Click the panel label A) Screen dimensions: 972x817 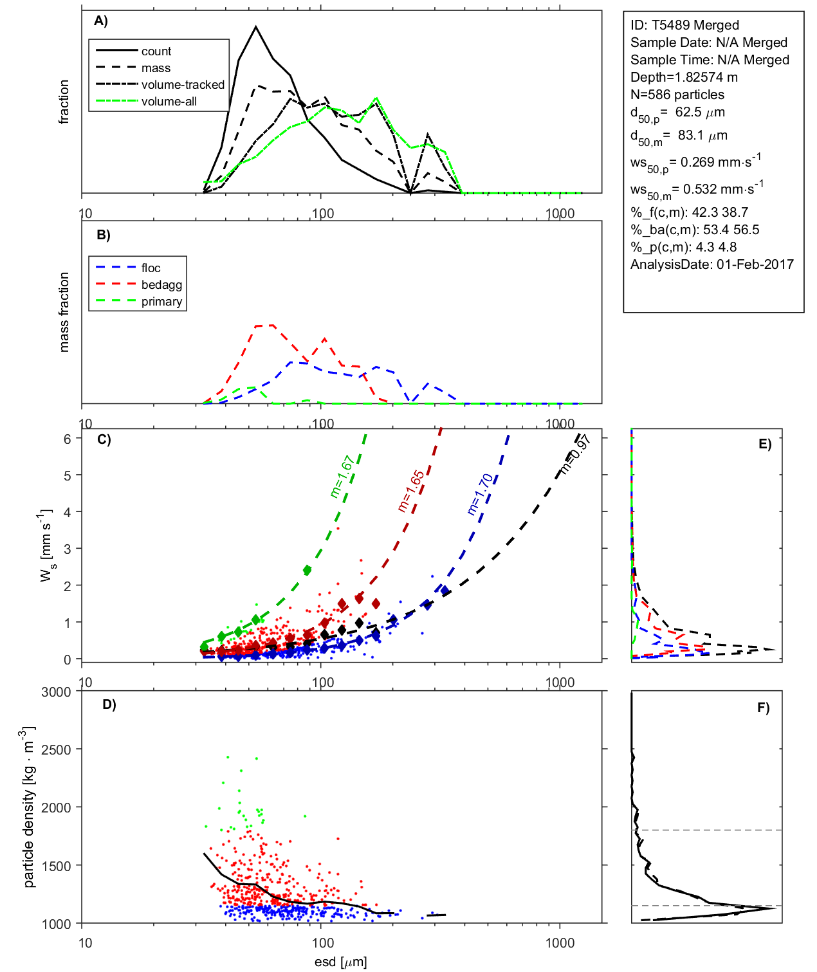click(101, 21)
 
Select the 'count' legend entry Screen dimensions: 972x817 click(156, 51)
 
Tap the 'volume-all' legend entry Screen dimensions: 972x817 click(169, 102)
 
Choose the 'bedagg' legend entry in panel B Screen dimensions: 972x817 click(161, 285)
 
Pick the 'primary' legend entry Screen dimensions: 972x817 click(161, 302)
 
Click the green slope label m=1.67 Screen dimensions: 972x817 click(342, 477)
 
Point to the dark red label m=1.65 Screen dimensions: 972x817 click(411, 491)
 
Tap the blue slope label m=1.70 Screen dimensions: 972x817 click(480, 494)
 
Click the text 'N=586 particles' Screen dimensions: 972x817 click(677, 95)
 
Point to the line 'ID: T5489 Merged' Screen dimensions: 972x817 click(684, 25)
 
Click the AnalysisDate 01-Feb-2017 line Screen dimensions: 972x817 click(711, 264)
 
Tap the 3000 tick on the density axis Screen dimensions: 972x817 click(56, 692)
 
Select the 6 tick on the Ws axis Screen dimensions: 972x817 click(68, 439)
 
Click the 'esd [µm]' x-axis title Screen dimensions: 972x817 click(341, 962)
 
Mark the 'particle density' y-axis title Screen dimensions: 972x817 click(29, 807)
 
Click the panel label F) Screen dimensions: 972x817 click(763, 708)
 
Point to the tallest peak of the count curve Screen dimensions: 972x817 click(256, 27)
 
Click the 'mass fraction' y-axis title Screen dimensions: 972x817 click(64, 312)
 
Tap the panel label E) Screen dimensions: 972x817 click(764, 444)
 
